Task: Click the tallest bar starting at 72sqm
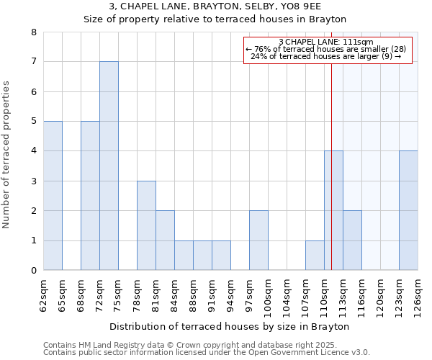pos(109,166)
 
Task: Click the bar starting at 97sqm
pos(258,240)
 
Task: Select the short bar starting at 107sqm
pos(315,256)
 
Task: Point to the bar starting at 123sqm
pos(408,210)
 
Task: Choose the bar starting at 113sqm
pos(352,240)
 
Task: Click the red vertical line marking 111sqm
pos(331,180)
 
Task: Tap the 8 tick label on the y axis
pos(33,32)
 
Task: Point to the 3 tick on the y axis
pos(33,181)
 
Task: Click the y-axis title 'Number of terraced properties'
pos(7,155)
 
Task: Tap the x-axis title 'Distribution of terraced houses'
pos(230,326)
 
